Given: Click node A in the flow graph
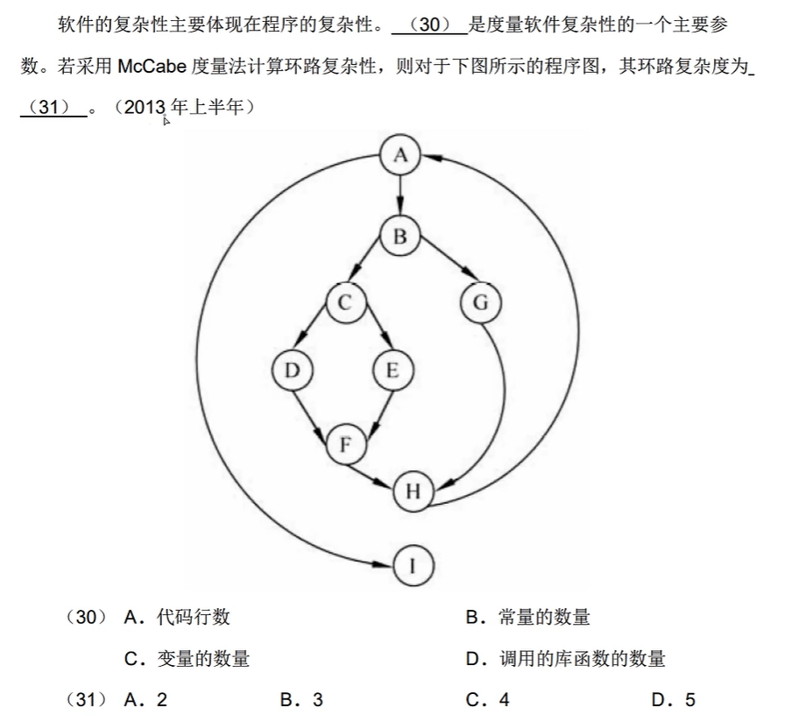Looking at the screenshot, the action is pos(400,156).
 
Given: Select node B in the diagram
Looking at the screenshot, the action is pos(400,237).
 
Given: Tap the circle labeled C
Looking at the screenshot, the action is pos(344,303).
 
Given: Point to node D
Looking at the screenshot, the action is pos(292,371).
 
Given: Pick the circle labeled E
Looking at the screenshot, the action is pos(392,371).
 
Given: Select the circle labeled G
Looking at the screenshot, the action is pos(480,303).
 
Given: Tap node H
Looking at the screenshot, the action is pos(413,492).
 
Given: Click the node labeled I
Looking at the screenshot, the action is pos(413,566).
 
